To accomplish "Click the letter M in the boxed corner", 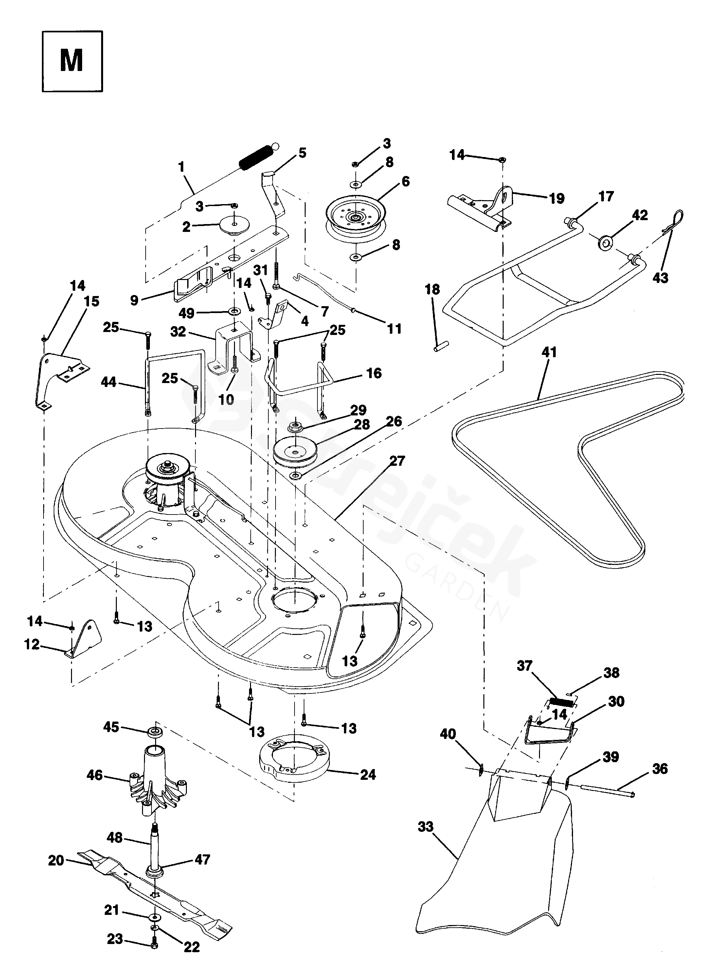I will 72,61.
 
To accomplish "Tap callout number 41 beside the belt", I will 549,352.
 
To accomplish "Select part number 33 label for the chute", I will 426,827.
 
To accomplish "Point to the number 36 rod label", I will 660,769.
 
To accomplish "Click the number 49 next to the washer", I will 187,313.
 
